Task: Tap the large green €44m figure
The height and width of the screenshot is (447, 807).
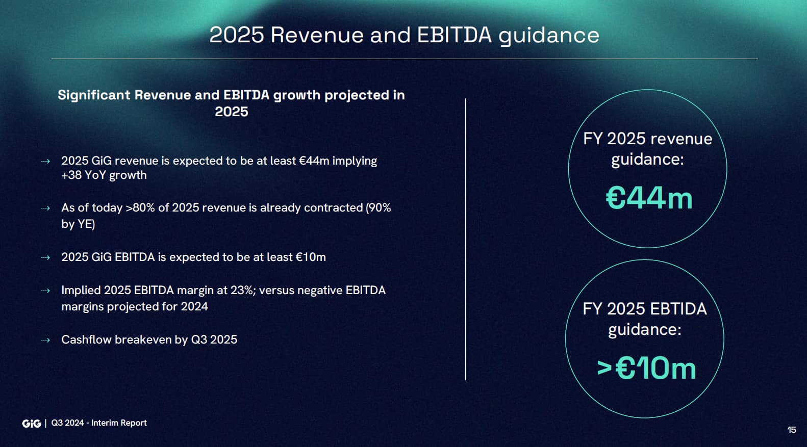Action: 649,198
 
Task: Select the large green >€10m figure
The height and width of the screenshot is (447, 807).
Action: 646,368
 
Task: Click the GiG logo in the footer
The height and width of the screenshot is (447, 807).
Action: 32,424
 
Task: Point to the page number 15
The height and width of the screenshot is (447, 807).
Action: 792,430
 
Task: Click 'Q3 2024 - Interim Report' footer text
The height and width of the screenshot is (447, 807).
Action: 99,423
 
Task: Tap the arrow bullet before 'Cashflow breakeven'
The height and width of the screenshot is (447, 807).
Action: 45,340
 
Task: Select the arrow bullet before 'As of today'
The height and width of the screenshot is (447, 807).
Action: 45,208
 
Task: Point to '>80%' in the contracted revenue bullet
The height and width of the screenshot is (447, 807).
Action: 140,207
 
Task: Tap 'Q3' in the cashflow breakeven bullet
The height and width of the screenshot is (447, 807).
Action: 198,340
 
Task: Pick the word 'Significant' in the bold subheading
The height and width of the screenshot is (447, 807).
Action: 94,95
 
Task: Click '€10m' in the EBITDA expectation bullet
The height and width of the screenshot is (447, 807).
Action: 311,257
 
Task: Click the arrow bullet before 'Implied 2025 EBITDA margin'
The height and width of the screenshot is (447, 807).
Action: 45,291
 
